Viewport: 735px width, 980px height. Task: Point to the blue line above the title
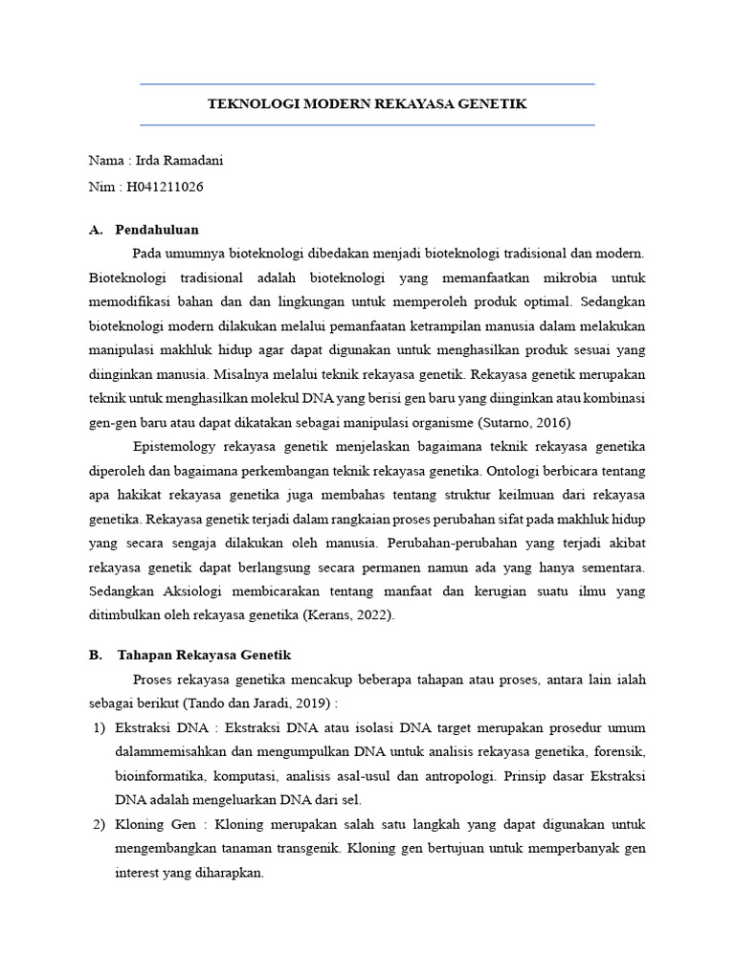pyautogui.click(x=367, y=84)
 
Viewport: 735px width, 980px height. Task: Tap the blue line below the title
pyautogui.click(x=367, y=124)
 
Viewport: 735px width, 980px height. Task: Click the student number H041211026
pyautogui.click(x=165, y=187)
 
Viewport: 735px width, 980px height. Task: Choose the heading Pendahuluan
pyautogui.click(x=157, y=230)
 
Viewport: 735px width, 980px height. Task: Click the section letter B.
pyautogui.click(x=94, y=655)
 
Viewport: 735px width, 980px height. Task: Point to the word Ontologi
pyautogui.click(x=522, y=471)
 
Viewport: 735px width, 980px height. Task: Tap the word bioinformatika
pyautogui.click(x=159, y=775)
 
